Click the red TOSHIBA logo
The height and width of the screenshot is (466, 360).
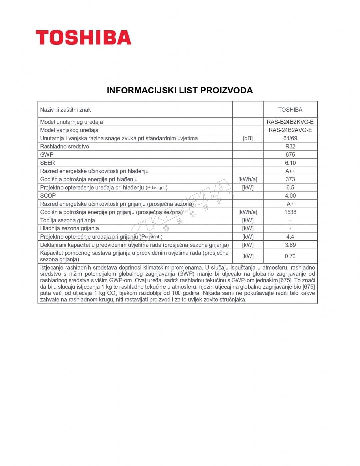[83, 37]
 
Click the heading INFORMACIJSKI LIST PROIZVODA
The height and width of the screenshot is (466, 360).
[180, 90]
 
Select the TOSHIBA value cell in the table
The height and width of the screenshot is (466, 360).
[290, 110]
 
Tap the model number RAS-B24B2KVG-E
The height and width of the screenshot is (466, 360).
[290, 122]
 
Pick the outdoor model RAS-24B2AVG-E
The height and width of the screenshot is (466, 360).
[290, 130]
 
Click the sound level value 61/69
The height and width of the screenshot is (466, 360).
[290, 138]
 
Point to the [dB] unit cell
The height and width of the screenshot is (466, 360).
[248, 138]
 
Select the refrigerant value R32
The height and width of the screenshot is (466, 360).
[290, 146]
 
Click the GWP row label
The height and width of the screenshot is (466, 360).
[47, 155]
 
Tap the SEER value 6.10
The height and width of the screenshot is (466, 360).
[290, 163]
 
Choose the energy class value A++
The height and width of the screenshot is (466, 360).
[290, 171]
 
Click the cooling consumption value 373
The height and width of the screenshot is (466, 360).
[290, 179]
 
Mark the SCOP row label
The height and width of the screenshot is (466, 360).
[48, 196]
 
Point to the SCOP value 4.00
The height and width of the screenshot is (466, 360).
[290, 196]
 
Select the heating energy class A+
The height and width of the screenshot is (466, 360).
[290, 204]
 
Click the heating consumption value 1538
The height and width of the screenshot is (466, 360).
[290, 212]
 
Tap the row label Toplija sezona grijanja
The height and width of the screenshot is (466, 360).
[67, 220]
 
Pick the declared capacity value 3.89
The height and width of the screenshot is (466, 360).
[290, 245]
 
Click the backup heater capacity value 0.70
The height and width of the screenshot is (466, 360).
[290, 256]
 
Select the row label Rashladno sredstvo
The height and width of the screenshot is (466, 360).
[64, 146]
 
